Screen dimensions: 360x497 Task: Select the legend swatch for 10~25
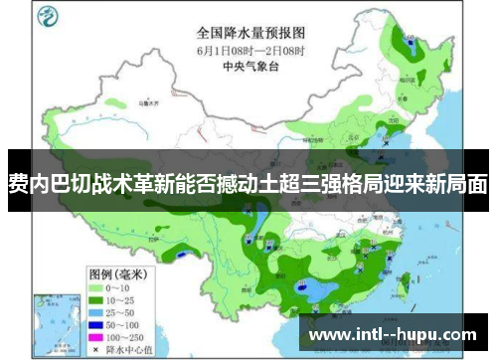tap(97, 271)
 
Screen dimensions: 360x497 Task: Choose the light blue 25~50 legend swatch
tap(97, 284)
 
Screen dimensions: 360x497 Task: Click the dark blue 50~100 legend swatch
tap(97, 297)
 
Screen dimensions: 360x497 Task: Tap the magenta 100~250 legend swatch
tap(97, 310)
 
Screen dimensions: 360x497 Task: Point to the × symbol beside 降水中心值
tap(97, 323)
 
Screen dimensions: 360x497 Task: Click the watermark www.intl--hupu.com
tap(392, 333)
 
